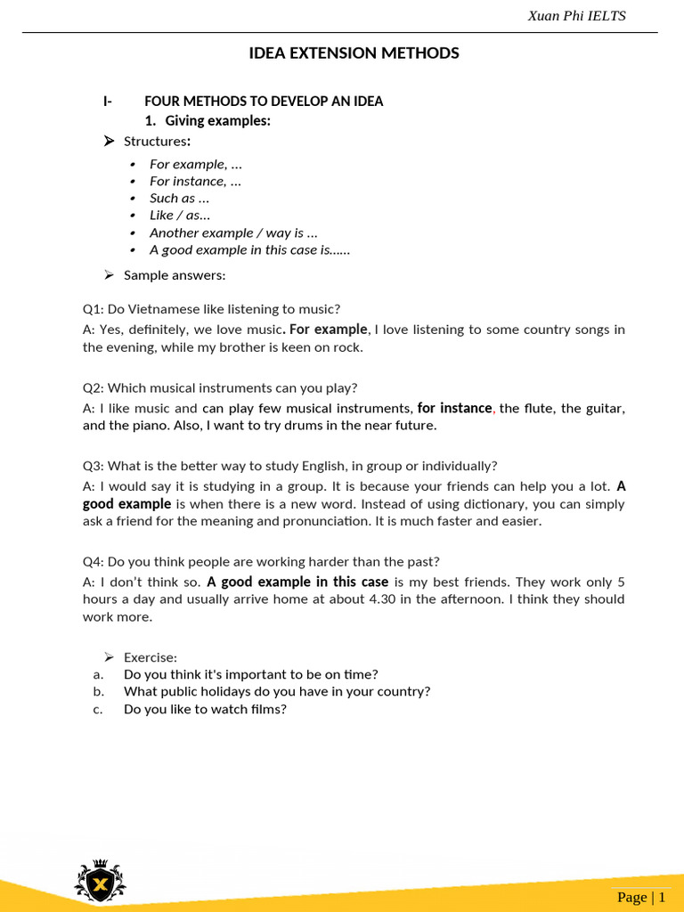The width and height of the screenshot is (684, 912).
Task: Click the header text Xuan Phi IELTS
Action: pos(576,16)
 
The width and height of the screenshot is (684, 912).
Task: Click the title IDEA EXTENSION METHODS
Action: pos(354,53)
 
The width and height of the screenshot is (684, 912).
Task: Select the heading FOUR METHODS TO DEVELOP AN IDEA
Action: pos(264,102)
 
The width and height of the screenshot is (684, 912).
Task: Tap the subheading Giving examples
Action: pos(217,121)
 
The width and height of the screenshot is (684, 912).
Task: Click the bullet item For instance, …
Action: pos(195,181)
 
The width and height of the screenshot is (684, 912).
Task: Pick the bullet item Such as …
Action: pos(179,199)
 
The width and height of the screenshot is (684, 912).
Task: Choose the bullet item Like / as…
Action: pos(180,216)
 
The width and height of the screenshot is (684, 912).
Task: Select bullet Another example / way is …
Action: pos(233,232)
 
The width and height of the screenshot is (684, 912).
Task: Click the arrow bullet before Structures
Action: pos(109,142)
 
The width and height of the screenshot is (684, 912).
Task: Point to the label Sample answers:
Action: pos(175,275)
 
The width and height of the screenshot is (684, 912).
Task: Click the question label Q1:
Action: pos(94,310)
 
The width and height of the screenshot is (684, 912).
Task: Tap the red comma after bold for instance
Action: pos(494,409)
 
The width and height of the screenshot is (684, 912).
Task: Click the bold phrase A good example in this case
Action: pos(297,582)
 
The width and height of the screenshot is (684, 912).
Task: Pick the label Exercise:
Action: pos(151,657)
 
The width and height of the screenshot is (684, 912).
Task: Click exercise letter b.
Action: pos(98,692)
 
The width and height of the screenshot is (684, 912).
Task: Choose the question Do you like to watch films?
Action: pos(205,709)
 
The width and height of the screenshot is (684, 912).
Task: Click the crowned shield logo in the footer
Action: pos(100,881)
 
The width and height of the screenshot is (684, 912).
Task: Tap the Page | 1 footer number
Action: pos(639,897)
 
